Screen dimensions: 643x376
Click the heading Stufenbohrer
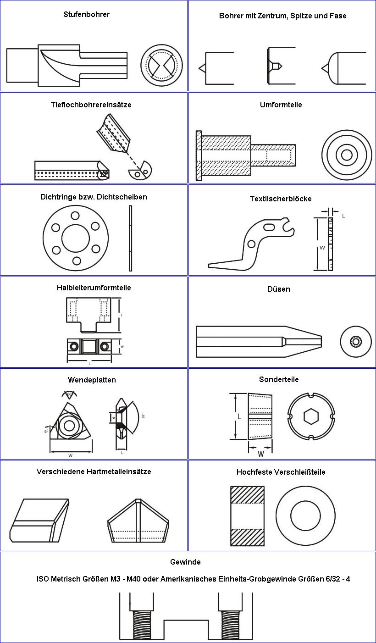tap(86, 14)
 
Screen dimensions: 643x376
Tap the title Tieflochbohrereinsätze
tap(91, 105)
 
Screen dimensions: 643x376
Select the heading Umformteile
tap(281, 105)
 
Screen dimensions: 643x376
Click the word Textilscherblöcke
tap(281, 199)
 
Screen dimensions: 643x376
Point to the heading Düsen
tap(279, 289)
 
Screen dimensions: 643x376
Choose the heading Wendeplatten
tap(92, 380)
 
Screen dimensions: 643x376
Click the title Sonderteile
tap(279, 379)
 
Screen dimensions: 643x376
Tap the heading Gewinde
tap(185, 562)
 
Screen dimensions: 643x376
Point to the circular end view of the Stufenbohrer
tap(161, 65)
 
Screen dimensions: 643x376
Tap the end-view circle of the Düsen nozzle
tap(356, 342)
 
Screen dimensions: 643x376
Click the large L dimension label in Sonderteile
tap(239, 416)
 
